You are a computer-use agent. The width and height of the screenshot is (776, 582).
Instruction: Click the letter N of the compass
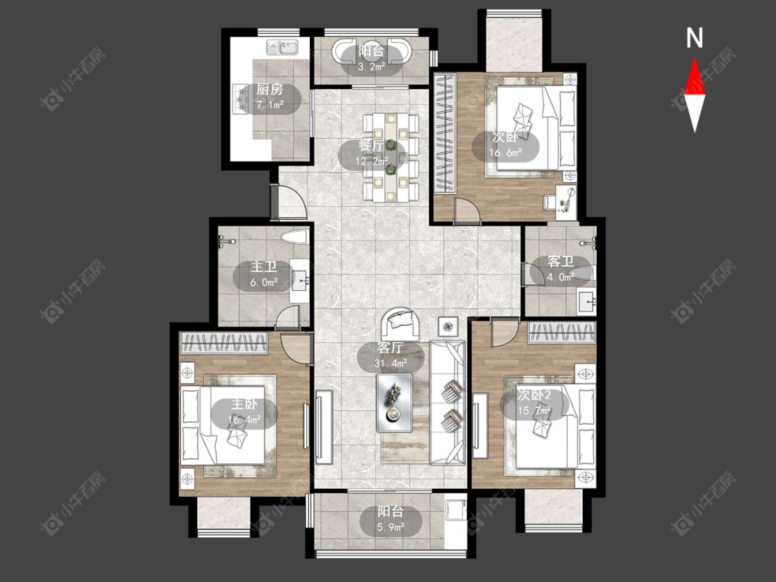coord(695,38)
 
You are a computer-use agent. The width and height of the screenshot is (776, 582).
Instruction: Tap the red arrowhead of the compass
coord(695,76)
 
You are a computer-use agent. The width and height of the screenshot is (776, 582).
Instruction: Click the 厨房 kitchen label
coord(270,90)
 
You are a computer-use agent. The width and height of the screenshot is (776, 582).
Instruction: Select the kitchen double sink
coord(281,48)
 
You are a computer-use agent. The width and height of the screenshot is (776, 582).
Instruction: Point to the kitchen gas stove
coord(241,98)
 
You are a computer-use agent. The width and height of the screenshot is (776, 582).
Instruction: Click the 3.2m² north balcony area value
coord(371,66)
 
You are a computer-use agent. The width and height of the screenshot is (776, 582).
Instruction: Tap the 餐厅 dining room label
coord(370,146)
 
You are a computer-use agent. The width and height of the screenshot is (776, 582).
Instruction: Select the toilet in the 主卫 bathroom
coord(295,237)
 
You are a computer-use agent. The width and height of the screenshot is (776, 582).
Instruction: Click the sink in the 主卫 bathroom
coord(300,281)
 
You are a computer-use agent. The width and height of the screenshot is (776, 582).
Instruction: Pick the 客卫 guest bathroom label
coord(560,261)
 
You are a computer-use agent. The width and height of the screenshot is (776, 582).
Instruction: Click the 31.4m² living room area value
coord(390,363)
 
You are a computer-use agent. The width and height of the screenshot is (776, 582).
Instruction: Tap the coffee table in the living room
coord(395,402)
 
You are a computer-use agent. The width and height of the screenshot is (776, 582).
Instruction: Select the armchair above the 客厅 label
coord(401,324)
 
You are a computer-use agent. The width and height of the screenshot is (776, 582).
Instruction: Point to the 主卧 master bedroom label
coord(244,405)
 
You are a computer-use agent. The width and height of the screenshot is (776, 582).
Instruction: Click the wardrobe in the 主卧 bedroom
coord(223,343)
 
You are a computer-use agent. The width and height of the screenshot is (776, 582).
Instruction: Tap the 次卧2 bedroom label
coord(534,394)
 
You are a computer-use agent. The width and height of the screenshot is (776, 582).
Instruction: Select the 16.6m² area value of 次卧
coord(506,152)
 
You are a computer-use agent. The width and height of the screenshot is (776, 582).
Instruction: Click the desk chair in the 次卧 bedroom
coord(549,201)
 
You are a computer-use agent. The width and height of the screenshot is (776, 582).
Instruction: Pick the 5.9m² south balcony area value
coord(391,527)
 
